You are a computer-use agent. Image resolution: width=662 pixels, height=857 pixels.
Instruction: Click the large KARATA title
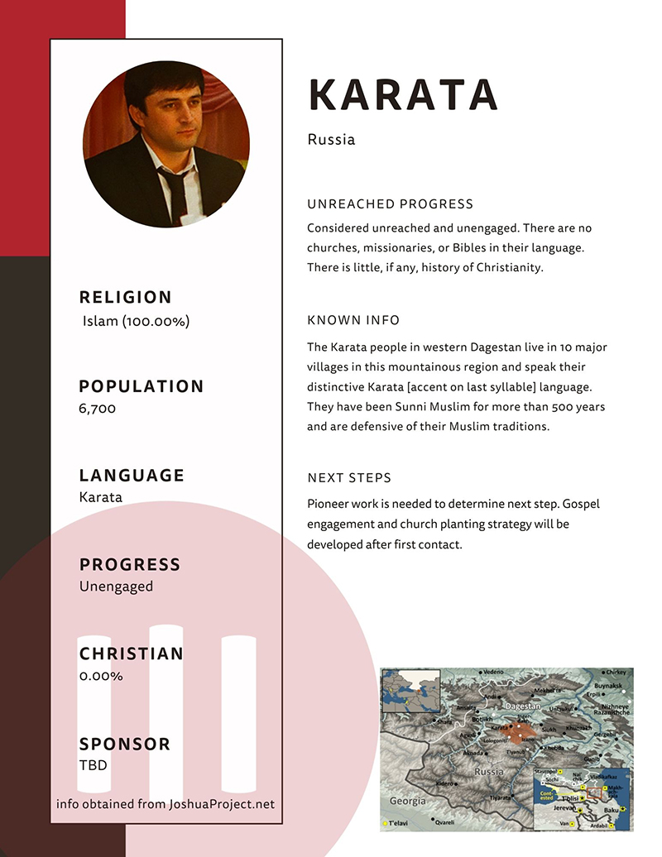402,95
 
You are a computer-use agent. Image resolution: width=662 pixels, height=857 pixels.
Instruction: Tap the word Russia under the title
331,139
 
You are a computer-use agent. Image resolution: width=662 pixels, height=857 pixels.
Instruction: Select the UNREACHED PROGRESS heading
390,204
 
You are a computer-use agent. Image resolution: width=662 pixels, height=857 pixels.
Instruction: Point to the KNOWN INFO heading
353,320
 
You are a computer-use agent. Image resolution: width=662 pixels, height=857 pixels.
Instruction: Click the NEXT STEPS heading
349,478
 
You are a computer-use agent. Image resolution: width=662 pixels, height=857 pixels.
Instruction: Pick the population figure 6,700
98,408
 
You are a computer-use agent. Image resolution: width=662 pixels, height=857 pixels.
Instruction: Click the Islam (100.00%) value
136,321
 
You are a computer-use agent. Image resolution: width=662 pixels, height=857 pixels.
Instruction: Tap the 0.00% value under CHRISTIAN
101,676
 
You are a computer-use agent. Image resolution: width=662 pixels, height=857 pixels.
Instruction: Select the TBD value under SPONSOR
94,765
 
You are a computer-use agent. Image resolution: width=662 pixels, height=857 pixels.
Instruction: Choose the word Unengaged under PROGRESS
116,586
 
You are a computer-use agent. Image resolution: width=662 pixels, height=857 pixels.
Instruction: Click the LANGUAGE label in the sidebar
132,476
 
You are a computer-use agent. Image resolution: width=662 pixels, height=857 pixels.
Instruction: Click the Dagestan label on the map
523,707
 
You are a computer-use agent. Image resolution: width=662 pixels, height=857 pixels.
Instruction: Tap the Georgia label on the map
408,801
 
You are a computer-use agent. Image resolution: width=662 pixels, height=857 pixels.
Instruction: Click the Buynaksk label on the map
608,686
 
